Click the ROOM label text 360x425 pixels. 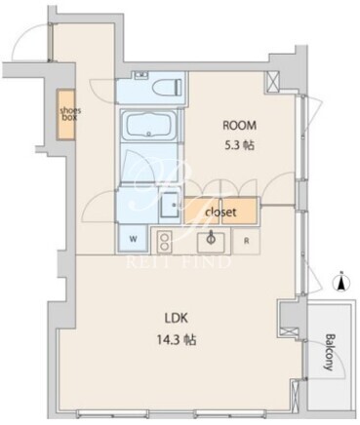point(239,126)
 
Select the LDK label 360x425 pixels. point(176,319)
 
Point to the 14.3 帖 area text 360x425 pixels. point(177,340)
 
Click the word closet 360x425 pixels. point(220,212)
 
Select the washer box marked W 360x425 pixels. point(133,239)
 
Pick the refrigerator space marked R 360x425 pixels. point(247,241)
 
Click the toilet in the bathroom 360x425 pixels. point(168,86)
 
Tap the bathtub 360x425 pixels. point(149,125)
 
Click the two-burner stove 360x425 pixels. point(164,242)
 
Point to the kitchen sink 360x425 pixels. point(211,242)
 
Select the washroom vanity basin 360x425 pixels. point(170,205)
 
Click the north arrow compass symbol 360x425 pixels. point(341,282)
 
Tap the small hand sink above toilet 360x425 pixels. point(141,75)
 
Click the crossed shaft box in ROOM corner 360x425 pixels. point(272,81)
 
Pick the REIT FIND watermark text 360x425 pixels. point(178,262)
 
